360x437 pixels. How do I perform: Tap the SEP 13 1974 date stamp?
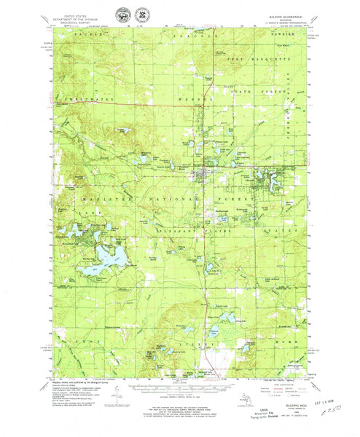click(320, 404)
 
